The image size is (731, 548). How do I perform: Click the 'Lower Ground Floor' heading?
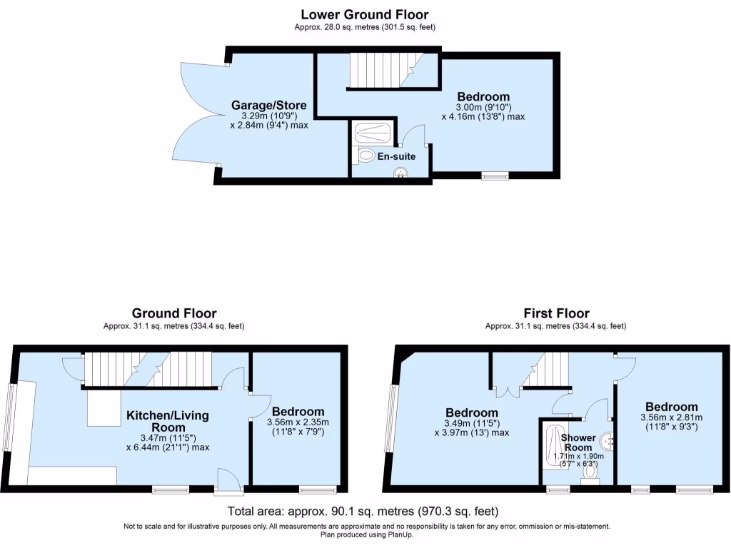(365, 14)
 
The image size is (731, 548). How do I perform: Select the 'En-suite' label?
(397, 156)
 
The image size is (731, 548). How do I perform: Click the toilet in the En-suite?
(365, 154)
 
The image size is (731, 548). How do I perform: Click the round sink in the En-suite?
(403, 171)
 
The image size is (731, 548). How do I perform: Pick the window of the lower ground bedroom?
(494, 176)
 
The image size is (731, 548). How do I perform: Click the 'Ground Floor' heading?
(174, 313)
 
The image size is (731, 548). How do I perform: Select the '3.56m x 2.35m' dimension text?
(298, 422)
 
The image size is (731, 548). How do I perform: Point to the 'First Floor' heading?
(556, 313)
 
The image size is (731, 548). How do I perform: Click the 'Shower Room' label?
(578, 442)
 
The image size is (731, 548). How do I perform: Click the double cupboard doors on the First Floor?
(506, 389)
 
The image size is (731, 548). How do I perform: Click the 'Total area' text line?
(363, 512)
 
